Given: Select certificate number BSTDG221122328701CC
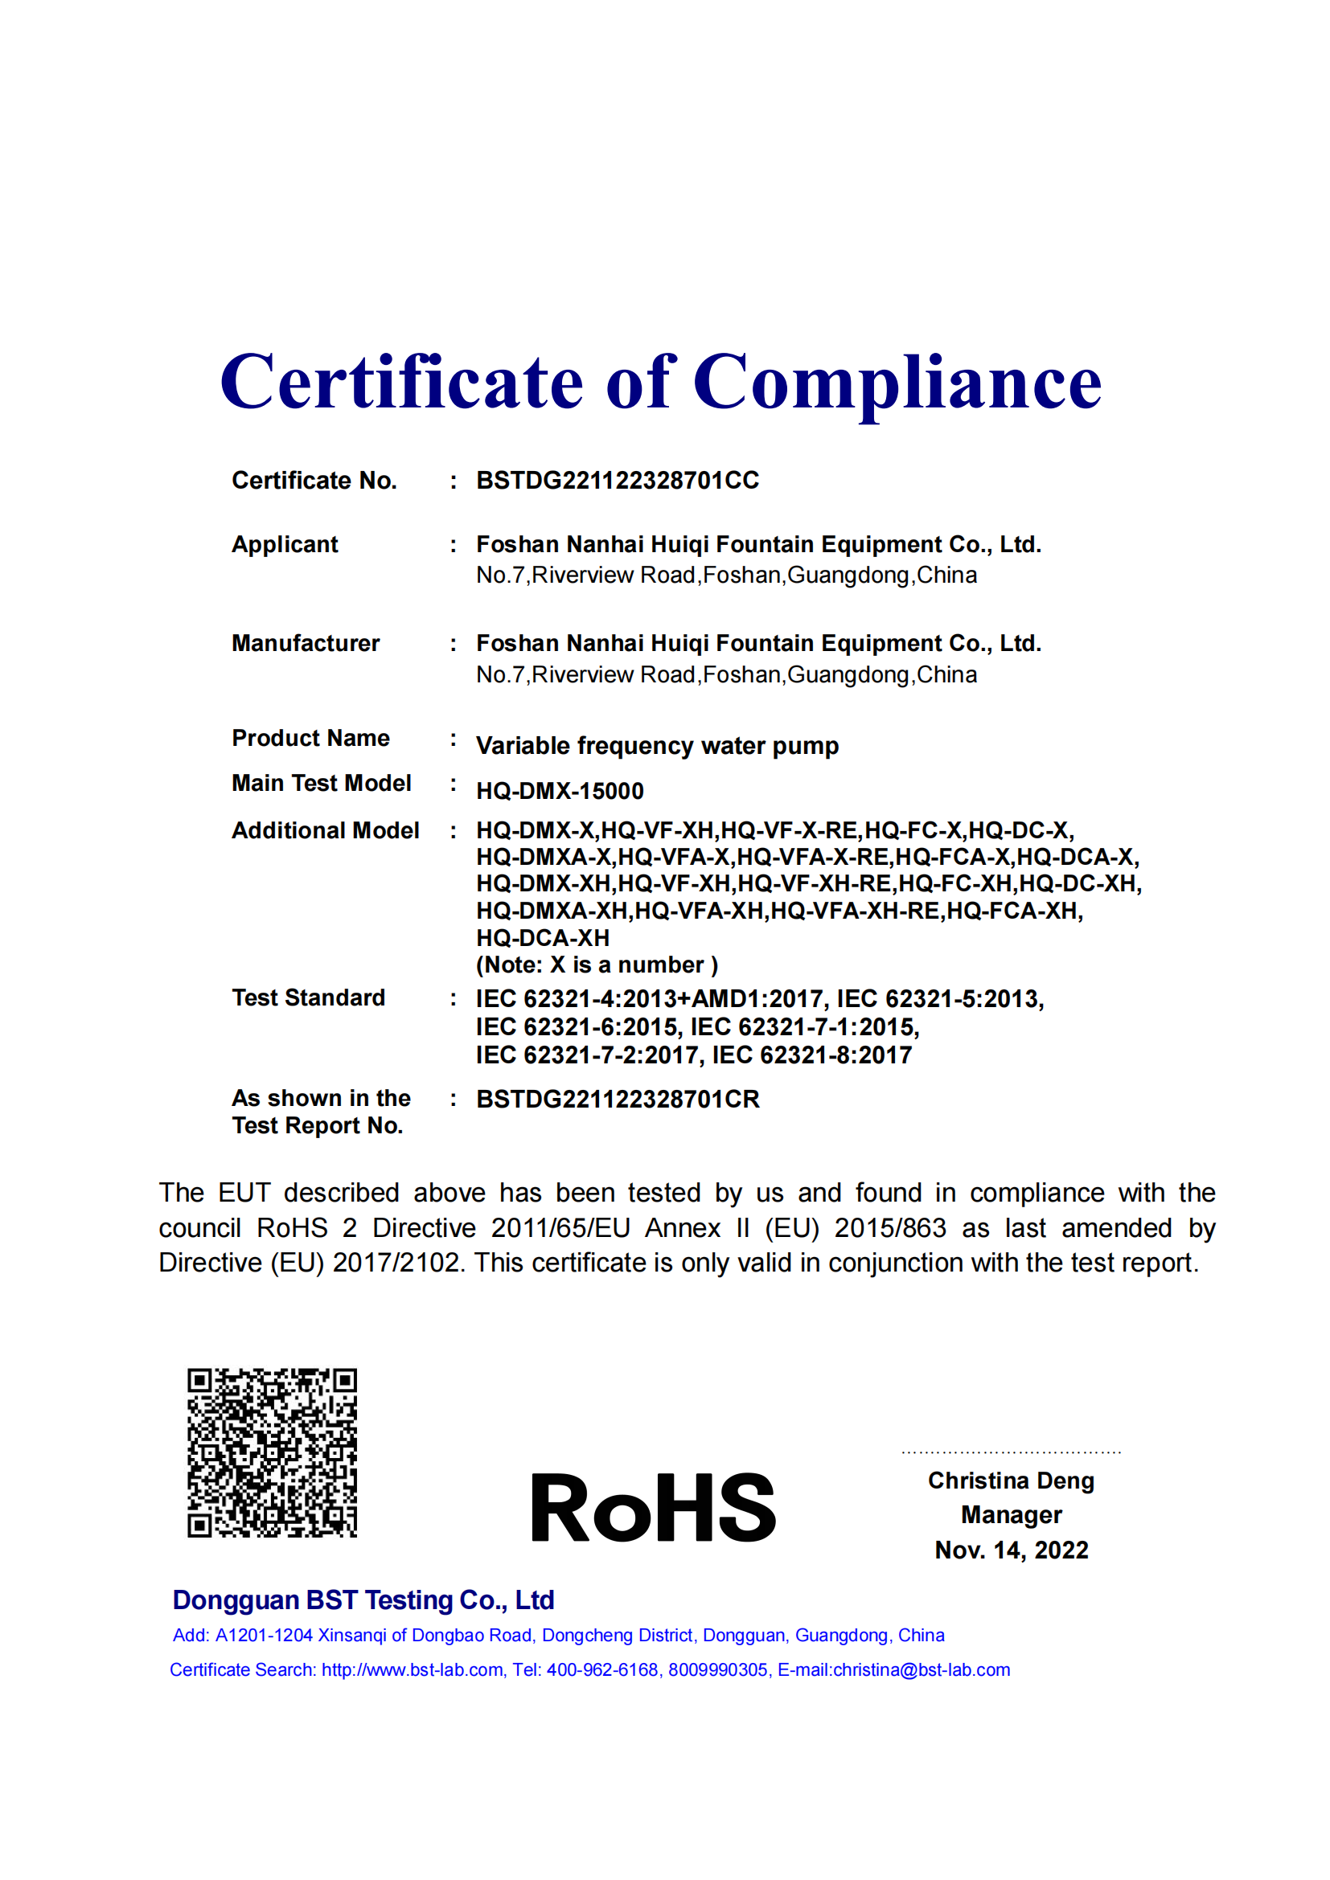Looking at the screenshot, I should click(618, 481).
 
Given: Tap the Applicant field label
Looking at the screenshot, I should click(284, 544).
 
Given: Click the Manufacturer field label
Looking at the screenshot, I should click(306, 644).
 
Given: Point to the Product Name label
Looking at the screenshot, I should click(310, 739).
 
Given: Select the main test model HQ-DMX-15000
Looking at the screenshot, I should click(560, 791).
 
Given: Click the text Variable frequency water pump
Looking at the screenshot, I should click(657, 746).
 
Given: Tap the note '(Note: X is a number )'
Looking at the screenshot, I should click(596, 965).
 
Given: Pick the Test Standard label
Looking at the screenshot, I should click(308, 998).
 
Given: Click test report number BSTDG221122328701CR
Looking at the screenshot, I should click(618, 1100).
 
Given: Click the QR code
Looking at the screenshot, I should click(272, 1452).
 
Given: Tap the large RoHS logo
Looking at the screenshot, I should click(653, 1507).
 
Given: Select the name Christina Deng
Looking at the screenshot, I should click(1011, 1481).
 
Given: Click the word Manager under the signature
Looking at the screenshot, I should click(1011, 1515).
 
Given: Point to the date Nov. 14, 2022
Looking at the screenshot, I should click(1011, 1550).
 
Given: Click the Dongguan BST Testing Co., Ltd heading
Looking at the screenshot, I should click(363, 1600).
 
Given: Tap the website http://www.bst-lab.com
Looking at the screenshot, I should click(412, 1670).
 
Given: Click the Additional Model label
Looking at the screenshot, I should click(325, 831).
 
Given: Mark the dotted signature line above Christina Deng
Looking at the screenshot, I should click(1011, 1452).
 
